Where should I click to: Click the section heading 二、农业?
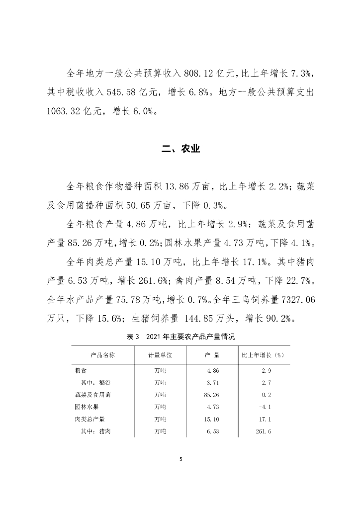click(180, 149)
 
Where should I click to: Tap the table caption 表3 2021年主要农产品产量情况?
click(180, 337)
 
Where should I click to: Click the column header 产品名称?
click(103, 355)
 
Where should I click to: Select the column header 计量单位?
click(160, 355)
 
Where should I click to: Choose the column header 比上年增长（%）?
click(262, 355)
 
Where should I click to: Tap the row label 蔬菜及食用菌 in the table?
click(92, 395)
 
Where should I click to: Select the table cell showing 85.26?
click(212, 395)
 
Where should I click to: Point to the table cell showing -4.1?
click(265, 407)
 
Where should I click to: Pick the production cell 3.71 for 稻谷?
click(213, 383)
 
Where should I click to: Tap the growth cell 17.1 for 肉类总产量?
click(265, 419)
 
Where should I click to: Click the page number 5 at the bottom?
click(181, 459)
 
